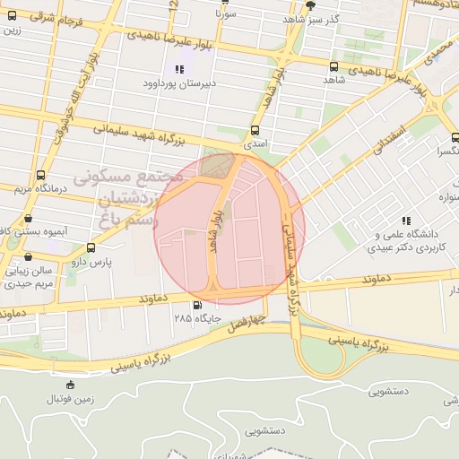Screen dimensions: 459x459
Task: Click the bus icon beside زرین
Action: click(12, 14)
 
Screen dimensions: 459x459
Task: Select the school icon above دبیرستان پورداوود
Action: click(178, 68)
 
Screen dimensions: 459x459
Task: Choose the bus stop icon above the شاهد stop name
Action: click(333, 66)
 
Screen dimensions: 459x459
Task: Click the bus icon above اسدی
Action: click(255, 127)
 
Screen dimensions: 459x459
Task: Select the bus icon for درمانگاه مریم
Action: click(40, 176)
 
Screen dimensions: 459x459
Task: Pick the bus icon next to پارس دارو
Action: click(91, 247)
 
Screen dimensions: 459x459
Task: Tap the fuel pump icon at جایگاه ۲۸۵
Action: click(186, 305)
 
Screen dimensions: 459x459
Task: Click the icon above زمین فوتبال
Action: click(71, 385)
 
